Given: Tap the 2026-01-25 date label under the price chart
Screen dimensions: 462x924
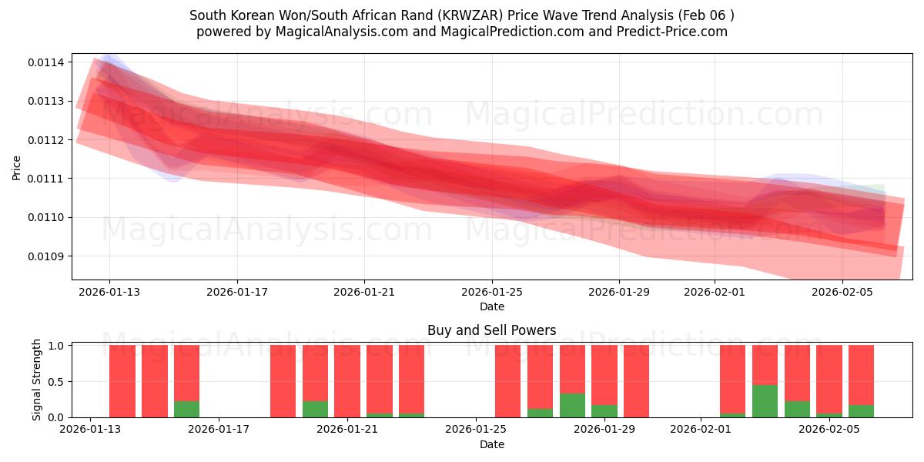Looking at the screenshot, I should click(x=492, y=292).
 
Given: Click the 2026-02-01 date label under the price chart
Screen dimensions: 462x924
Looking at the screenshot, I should click(x=715, y=292).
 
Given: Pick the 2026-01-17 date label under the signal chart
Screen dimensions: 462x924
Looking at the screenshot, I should click(x=219, y=430).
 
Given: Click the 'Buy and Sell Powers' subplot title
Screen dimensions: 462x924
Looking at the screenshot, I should click(x=491, y=331).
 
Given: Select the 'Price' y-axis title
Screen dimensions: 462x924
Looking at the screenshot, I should click(x=17, y=167).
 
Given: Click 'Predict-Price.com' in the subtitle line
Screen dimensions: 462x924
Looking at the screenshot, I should click(x=674, y=32).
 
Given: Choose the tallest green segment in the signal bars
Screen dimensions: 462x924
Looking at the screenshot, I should click(x=765, y=401).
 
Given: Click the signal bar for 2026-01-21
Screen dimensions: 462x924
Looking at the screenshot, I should click(x=347, y=381).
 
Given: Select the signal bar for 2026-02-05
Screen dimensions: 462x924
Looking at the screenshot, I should click(x=829, y=381).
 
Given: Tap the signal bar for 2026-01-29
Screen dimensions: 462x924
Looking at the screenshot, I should click(x=604, y=381).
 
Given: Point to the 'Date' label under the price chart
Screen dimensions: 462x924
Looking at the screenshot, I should click(x=492, y=306).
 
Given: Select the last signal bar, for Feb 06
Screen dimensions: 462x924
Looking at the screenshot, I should click(x=861, y=381).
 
